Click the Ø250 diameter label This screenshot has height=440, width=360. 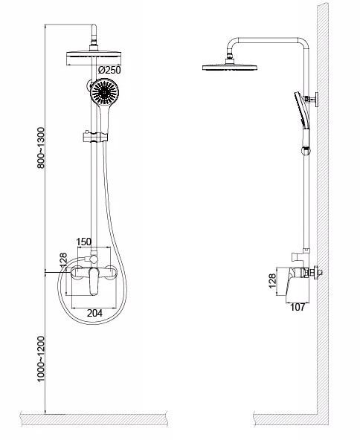pos(109,70)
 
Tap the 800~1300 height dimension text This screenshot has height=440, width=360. pos(41,148)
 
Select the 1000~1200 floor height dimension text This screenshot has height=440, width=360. pos(41,359)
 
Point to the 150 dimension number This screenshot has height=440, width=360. pos(84,242)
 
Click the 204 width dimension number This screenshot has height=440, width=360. pos(94,313)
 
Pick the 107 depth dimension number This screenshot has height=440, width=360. pos(297,307)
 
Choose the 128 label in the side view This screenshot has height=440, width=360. pos(272,281)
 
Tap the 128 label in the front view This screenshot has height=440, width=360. pos(63,260)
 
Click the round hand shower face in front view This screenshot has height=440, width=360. pos(105,91)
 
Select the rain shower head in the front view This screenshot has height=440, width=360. pos(94,59)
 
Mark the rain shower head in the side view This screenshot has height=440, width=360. pos(230,67)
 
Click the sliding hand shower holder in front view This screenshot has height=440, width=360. pos(95,136)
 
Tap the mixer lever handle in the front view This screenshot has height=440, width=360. pos(94,281)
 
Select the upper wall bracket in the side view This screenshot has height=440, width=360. pos(312,99)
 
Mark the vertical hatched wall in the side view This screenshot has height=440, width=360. pos(323,213)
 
